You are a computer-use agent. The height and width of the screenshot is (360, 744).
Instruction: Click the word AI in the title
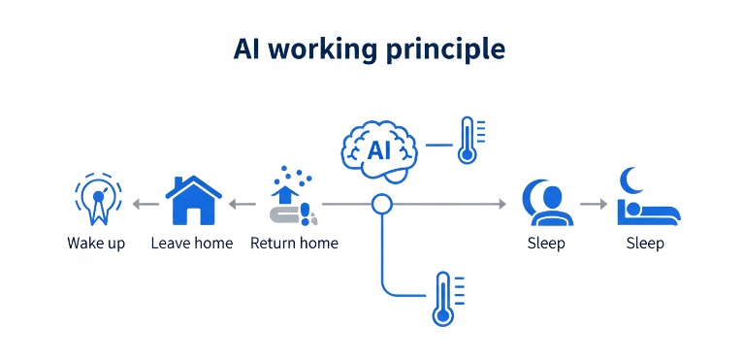pyautogui.click(x=248, y=49)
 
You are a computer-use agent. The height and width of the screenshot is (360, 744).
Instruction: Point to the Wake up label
pyautogui.click(x=96, y=243)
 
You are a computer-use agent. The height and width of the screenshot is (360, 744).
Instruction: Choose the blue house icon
pyautogui.click(x=193, y=201)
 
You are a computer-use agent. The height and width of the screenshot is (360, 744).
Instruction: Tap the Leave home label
pyautogui.click(x=192, y=243)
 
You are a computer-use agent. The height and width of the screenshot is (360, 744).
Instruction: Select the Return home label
pyautogui.click(x=294, y=243)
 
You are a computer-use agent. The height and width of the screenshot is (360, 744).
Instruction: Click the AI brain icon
pyautogui.click(x=379, y=151)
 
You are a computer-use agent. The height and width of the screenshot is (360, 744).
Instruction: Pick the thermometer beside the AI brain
pyautogui.click(x=469, y=141)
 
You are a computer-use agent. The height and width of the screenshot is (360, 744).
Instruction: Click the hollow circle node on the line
pyautogui.click(x=382, y=204)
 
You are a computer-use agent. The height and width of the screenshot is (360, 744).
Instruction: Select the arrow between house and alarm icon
pyautogui.click(x=146, y=204)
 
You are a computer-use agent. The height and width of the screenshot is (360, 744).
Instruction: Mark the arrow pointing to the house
pyautogui.click(x=242, y=204)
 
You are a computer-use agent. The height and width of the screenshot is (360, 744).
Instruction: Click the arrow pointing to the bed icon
pyautogui.click(x=594, y=204)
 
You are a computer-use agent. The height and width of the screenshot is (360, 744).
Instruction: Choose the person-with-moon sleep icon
pyautogui.click(x=544, y=201)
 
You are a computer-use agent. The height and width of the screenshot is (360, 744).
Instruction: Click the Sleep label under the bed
pyautogui.click(x=645, y=243)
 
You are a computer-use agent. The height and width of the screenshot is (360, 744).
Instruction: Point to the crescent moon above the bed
pyautogui.click(x=631, y=179)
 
